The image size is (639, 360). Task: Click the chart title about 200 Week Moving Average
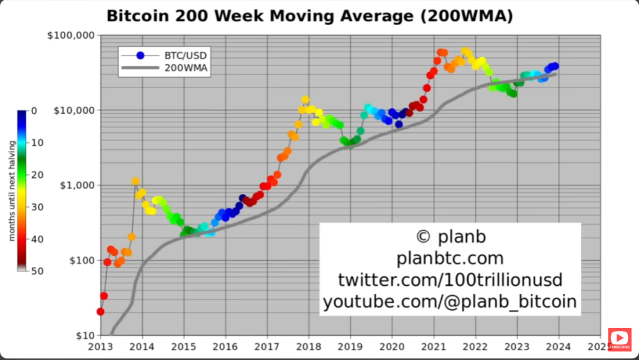(310, 16)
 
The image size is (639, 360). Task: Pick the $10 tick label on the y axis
(81, 335)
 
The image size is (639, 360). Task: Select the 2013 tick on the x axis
(100, 346)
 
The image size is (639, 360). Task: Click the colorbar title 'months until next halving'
(12, 191)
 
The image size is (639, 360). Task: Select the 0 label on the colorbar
(34, 111)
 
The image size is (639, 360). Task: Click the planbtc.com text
(450, 258)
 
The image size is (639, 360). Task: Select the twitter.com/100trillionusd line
(450, 280)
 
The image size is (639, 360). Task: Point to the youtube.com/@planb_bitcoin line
(450, 302)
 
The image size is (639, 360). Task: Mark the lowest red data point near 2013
(100, 311)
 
